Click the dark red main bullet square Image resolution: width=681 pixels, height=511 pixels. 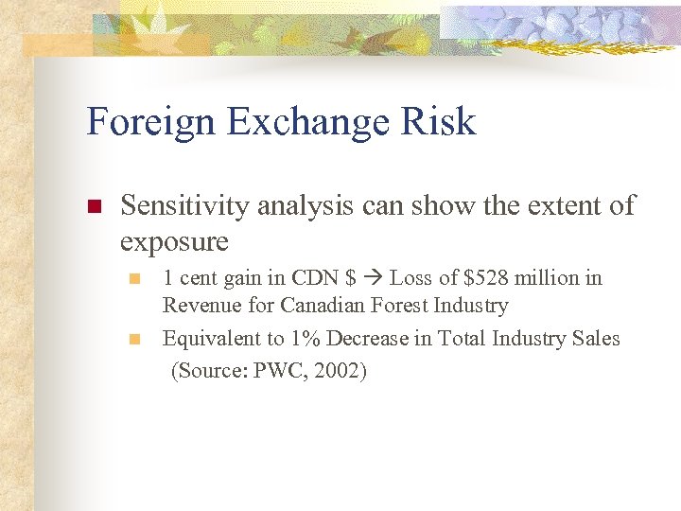93,206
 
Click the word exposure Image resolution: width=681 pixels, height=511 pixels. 174,241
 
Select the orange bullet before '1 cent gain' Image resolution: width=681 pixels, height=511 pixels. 135,279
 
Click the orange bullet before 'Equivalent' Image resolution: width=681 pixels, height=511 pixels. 135,339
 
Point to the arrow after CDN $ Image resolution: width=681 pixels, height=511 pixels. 373,278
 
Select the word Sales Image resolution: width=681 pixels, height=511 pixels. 595,338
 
